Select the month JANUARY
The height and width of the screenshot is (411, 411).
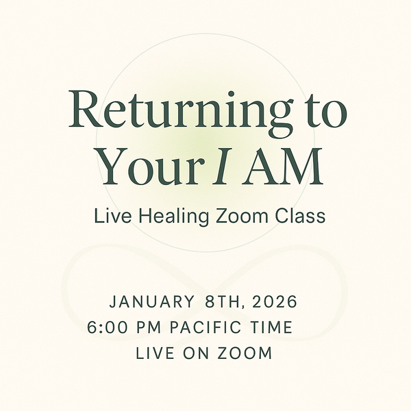coord(151,301)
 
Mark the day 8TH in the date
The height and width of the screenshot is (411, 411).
coord(221,301)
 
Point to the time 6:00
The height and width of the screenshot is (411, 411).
coord(106,327)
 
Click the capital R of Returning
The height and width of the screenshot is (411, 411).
coord(86,109)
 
